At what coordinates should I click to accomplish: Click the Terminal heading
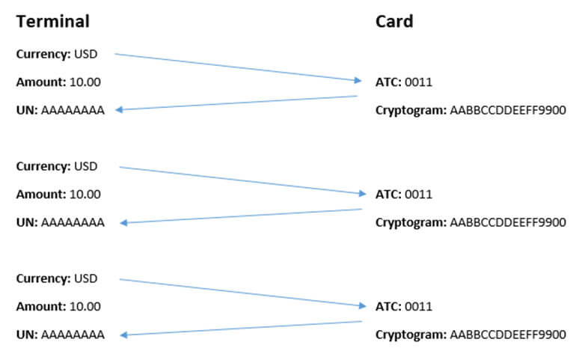tap(53, 22)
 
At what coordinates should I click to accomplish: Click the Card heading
tap(394, 22)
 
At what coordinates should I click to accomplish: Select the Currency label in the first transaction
tap(43, 54)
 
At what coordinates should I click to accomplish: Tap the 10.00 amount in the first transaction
tap(85, 82)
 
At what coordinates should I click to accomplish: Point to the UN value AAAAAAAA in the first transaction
tap(73, 111)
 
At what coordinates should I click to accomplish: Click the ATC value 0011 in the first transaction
tap(419, 82)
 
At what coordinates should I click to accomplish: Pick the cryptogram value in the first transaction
tap(508, 111)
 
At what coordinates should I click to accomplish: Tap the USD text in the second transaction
tap(86, 166)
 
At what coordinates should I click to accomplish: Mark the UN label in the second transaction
tap(26, 222)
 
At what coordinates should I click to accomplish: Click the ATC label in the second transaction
tap(388, 195)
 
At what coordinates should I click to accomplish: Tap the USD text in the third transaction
tap(86, 278)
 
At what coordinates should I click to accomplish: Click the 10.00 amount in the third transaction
tap(85, 306)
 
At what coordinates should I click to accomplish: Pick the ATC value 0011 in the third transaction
tap(419, 307)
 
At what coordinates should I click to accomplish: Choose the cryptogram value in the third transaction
tap(508, 335)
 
